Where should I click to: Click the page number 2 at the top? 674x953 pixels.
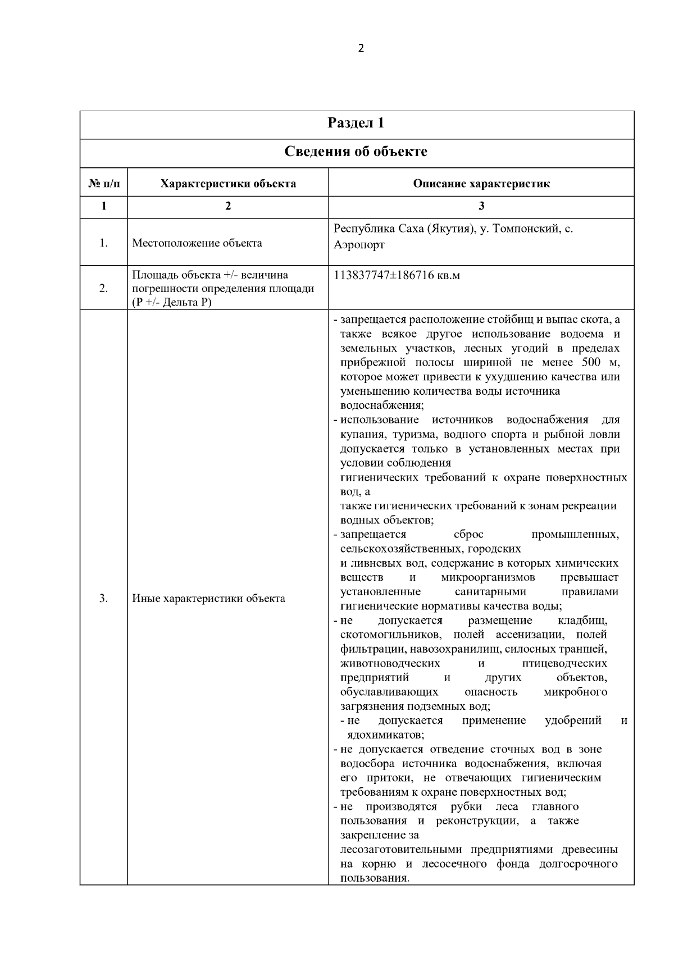[x=361, y=48]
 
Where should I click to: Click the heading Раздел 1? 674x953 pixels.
[x=356, y=124]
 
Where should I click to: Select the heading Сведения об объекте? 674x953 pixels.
[x=356, y=152]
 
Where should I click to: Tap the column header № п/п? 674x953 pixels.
[x=103, y=184]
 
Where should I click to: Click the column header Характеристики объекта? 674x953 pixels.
[x=228, y=184]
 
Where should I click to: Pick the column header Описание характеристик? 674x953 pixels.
[x=481, y=184]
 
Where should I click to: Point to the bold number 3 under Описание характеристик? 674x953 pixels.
[x=481, y=206]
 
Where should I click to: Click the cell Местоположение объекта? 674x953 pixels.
[x=197, y=243]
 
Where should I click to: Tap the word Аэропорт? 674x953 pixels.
[x=359, y=245]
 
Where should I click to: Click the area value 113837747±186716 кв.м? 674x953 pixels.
[x=397, y=276]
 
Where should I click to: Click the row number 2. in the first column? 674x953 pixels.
[x=103, y=289]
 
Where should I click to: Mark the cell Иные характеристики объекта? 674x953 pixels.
[x=208, y=599]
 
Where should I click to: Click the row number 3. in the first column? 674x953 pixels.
[x=103, y=599]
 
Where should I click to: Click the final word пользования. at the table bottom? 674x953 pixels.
[x=374, y=878]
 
